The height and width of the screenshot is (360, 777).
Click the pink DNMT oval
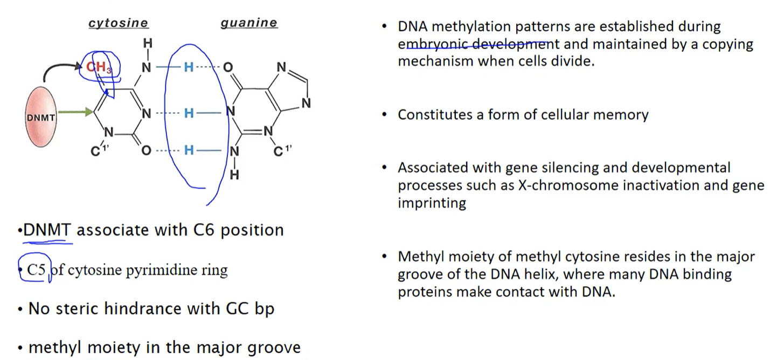(x=40, y=117)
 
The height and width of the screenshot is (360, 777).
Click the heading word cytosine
(x=119, y=23)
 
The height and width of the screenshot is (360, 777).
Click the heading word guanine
(x=249, y=23)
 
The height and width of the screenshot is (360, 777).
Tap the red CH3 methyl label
(x=99, y=67)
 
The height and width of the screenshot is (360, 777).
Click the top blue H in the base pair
(x=189, y=67)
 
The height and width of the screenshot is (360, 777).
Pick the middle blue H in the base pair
(x=189, y=113)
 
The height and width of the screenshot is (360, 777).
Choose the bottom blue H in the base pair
(x=189, y=150)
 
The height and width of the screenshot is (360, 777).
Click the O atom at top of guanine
(x=228, y=67)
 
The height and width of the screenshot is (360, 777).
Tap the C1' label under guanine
(x=282, y=151)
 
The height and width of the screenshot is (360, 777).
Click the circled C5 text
(x=36, y=270)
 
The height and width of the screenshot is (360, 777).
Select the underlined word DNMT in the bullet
(x=47, y=230)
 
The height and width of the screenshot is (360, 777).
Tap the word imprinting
(x=432, y=203)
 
